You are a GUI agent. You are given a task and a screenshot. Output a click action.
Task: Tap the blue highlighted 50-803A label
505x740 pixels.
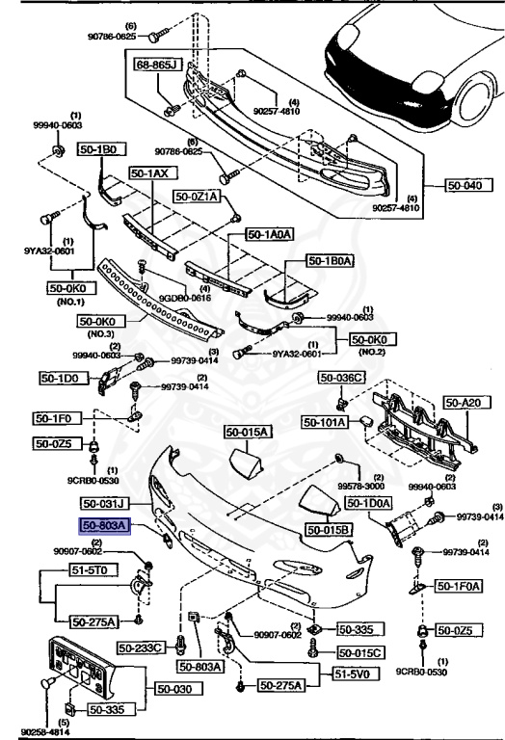pos(104,526)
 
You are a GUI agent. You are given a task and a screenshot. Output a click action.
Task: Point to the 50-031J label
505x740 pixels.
pos(105,504)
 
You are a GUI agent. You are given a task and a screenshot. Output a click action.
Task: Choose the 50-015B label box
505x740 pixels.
pos(329,530)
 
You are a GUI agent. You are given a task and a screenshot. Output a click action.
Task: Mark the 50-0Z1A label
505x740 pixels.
pos(198,196)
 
